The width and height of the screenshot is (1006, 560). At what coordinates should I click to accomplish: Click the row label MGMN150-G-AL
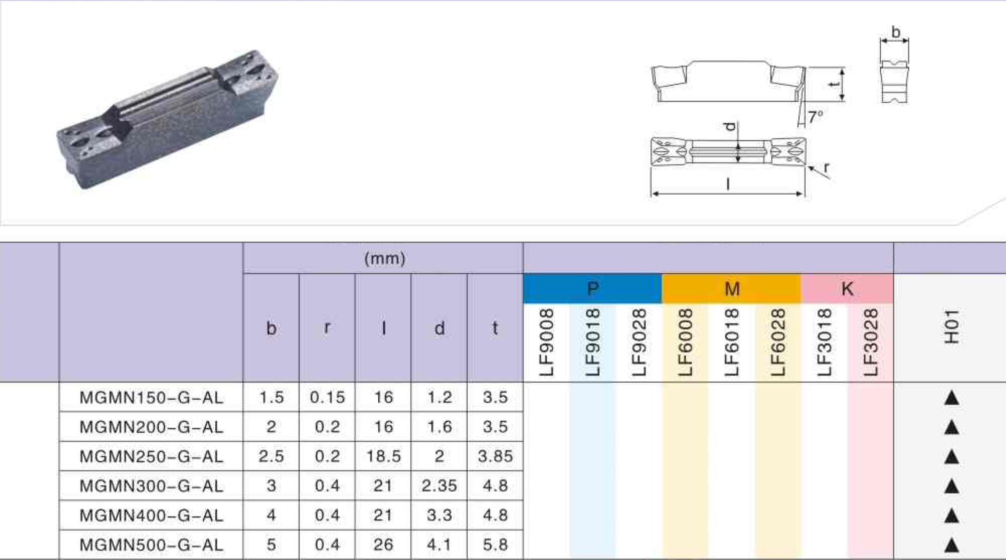tap(151, 397)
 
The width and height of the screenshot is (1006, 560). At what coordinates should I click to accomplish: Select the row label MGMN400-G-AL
tap(151, 515)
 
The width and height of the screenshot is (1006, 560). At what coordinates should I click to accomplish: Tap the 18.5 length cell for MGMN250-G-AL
tap(383, 456)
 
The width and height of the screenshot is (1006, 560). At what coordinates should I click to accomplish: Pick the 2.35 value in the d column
tap(439, 486)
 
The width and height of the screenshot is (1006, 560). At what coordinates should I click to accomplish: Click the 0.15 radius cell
tap(327, 397)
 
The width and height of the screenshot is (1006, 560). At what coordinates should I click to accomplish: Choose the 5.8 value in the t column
tap(495, 544)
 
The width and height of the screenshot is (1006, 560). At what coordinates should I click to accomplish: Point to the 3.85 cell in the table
tap(495, 456)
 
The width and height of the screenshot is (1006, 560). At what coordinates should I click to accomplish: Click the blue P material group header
tap(593, 289)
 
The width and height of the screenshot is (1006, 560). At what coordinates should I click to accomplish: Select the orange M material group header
tap(731, 289)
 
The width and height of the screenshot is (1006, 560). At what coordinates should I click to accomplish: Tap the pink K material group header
tap(847, 289)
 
